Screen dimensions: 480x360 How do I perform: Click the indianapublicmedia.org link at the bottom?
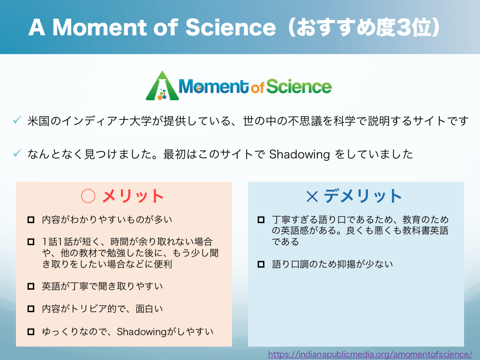(370, 354)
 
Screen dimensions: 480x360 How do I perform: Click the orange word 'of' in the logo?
(257, 88)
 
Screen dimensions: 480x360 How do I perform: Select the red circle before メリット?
(88, 196)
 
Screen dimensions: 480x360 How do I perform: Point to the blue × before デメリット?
(312, 196)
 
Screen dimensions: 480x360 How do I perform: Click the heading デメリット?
(363, 196)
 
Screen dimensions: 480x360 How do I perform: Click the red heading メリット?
(133, 196)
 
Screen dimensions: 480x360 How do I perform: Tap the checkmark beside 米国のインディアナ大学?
(17, 120)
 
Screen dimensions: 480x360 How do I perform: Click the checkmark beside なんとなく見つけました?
(17, 153)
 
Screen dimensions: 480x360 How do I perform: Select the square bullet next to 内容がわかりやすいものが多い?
(31, 220)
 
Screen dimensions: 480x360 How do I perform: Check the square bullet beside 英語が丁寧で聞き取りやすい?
(31, 286)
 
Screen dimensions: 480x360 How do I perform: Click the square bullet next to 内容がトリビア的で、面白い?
(31, 308)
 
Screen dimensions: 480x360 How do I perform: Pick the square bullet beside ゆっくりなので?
(31, 331)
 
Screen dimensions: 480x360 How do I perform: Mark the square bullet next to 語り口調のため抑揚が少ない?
(261, 264)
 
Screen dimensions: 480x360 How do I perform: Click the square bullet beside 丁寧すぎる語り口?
(261, 220)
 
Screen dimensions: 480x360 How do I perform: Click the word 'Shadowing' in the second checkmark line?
(300, 155)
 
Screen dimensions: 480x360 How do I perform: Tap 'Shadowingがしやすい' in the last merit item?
(165, 332)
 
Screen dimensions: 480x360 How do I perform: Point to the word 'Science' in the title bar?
(231, 27)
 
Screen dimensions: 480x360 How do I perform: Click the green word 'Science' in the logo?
(299, 86)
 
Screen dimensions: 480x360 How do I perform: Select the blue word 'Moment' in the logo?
(214, 86)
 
